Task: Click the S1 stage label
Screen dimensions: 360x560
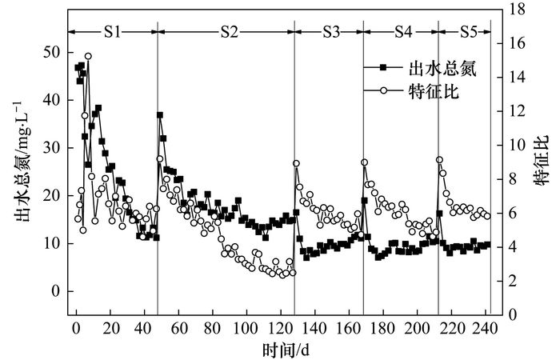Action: [x=112, y=32]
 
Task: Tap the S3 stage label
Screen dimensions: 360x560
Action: [x=330, y=32]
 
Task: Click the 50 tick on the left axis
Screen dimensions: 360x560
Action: [x=52, y=52]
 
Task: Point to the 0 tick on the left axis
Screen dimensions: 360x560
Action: [x=56, y=292]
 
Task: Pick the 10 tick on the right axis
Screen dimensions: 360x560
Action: [x=517, y=145]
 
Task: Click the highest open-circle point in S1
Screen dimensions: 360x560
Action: [x=88, y=56]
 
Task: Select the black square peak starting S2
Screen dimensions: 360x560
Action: [x=160, y=115]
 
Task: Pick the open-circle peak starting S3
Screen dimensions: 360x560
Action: [x=296, y=163]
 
